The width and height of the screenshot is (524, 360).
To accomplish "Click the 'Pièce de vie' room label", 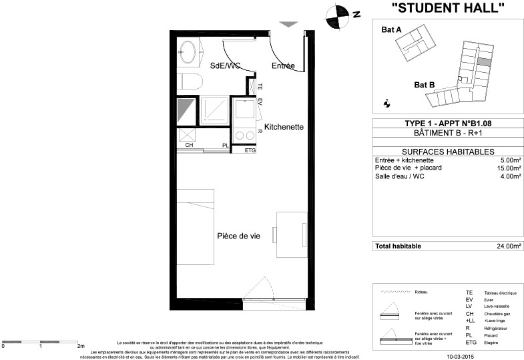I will (x=238, y=236).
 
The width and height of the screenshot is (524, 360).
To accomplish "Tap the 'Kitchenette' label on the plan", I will (x=284, y=127).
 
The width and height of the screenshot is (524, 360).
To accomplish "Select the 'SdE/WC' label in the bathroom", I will (x=225, y=66).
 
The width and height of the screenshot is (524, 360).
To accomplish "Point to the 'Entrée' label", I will (x=283, y=66).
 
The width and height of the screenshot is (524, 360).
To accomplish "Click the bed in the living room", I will (x=195, y=226).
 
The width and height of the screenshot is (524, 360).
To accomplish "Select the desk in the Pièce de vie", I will (x=292, y=234).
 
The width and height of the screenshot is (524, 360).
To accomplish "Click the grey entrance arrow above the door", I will (x=288, y=25).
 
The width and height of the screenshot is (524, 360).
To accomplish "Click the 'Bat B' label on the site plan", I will (x=424, y=85).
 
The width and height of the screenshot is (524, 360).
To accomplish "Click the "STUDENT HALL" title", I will (x=447, y=9).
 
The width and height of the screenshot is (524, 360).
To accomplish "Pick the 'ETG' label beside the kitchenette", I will (x=250, y=150).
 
